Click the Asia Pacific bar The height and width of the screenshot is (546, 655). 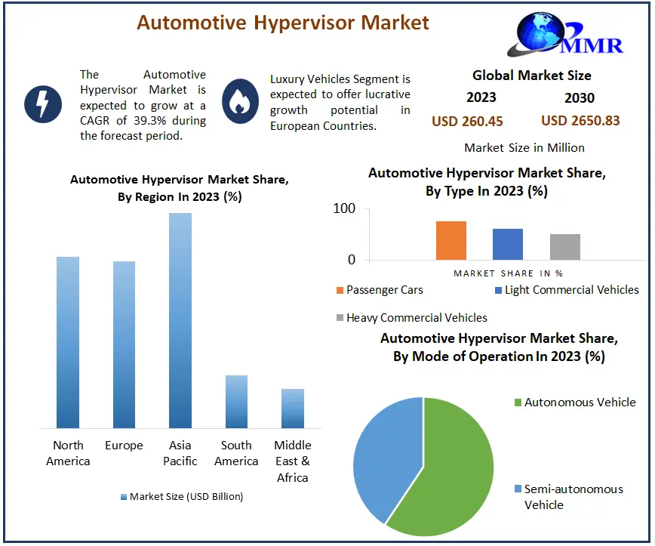(180, 320)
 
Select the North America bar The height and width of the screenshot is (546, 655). (68, 342)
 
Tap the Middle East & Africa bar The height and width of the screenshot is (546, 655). (293, 409)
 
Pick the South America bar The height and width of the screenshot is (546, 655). (236, 402)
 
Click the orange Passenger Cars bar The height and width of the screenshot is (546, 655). (451, 241)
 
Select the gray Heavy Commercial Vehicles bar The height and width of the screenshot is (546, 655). (565, 247)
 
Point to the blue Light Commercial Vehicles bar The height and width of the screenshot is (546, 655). (508, 245)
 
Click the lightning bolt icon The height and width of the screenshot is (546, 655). (43, 104)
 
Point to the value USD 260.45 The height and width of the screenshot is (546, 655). (467, 121)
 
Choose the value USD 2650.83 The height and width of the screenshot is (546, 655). (580, 121)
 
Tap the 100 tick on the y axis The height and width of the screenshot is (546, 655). (345, 209)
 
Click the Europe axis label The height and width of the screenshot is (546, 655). (125, 446)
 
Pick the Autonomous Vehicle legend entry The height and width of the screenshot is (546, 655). (580, 403)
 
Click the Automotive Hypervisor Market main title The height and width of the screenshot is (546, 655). (283, 23)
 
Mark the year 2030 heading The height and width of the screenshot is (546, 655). (580, 97)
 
